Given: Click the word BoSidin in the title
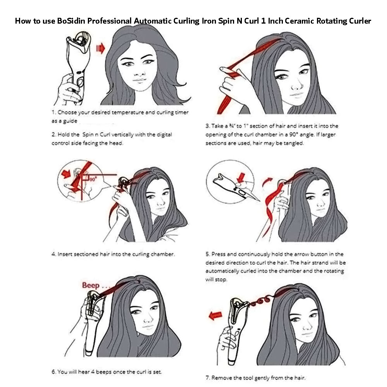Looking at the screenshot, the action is [71, 21].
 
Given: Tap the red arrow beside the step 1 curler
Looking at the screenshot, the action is [101, 48].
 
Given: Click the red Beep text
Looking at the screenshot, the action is [91, 285].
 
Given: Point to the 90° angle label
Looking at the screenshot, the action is [93, 179].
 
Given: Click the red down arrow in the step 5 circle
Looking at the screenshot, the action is [241, 177].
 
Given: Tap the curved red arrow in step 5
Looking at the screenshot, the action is [267, 182].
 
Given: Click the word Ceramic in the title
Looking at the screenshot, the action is [299, 21].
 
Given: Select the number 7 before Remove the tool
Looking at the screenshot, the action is [208, 378].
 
